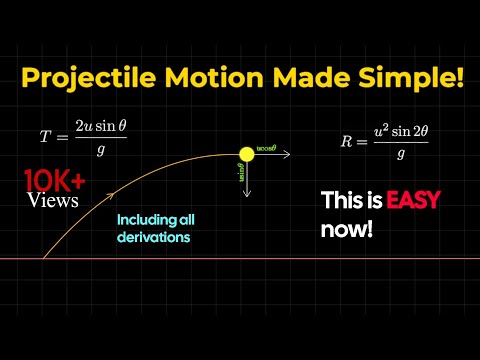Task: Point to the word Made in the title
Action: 316,78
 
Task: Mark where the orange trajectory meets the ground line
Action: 42,259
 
